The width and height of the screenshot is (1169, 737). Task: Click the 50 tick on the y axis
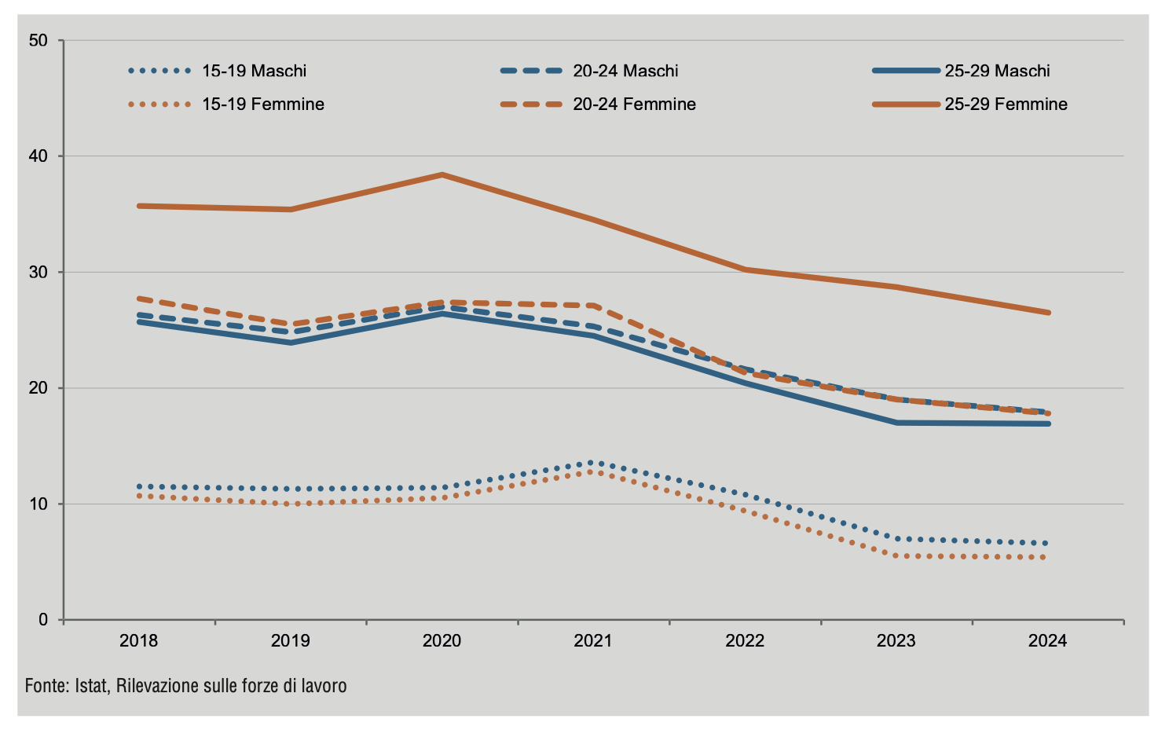point(38,40)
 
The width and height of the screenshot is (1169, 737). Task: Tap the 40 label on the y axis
point(38,156)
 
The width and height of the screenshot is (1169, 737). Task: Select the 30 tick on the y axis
point(38,272)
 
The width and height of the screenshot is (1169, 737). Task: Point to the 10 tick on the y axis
point(38,504)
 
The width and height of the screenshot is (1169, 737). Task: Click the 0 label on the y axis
point(42,620)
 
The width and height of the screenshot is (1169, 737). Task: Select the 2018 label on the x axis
point(138,641)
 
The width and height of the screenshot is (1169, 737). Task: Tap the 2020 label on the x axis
point(442,641)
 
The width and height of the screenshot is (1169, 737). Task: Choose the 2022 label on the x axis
point(745,641)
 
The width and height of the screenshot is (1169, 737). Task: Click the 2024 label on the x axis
point(1047,641)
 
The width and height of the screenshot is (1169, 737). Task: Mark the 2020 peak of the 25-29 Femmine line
point(442,174)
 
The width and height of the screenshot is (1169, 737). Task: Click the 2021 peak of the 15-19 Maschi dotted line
point(593,463)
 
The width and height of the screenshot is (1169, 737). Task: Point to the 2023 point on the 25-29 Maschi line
point(896,423)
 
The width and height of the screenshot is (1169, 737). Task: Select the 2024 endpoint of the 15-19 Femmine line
point(1047,557)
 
